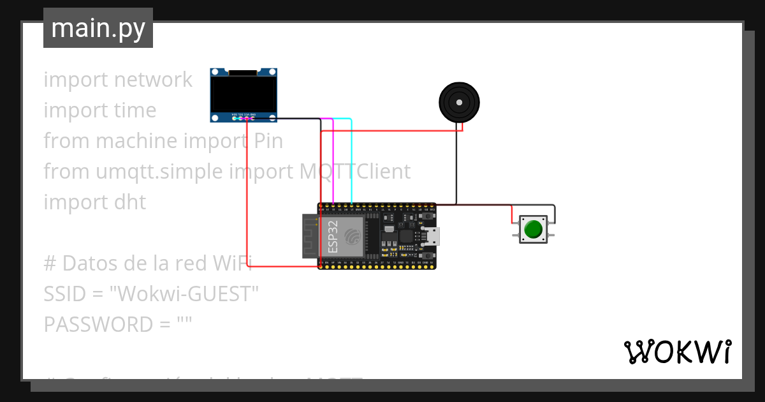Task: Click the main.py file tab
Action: point(98,28)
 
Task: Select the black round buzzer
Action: point(459,102)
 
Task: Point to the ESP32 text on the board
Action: point(332,237)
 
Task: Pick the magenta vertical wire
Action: point(333,160)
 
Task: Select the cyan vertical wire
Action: point(351,160)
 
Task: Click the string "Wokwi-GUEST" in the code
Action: point(184,294)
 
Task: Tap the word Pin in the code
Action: point(268,141)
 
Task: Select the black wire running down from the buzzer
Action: point(456,166)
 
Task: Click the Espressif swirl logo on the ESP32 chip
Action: point(352,237)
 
